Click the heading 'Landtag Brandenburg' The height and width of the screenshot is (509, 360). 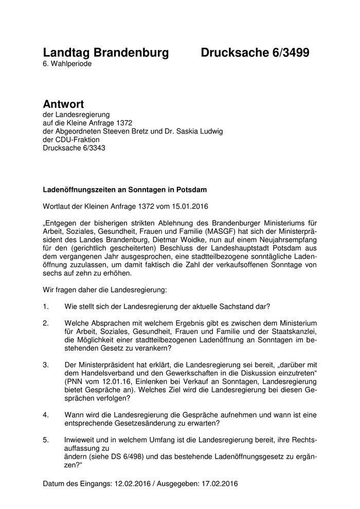click(106, 52)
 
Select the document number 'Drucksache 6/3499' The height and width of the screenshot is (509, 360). click(255, 52)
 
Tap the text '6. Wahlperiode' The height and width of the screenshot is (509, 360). click(67, 64)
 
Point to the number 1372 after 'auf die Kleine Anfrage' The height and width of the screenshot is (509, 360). click(125, 123)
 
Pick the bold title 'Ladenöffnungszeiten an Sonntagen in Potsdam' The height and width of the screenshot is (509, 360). click(125, 190)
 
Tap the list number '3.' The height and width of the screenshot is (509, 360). click(46, 365)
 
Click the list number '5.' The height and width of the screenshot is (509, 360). click(46, 440)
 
